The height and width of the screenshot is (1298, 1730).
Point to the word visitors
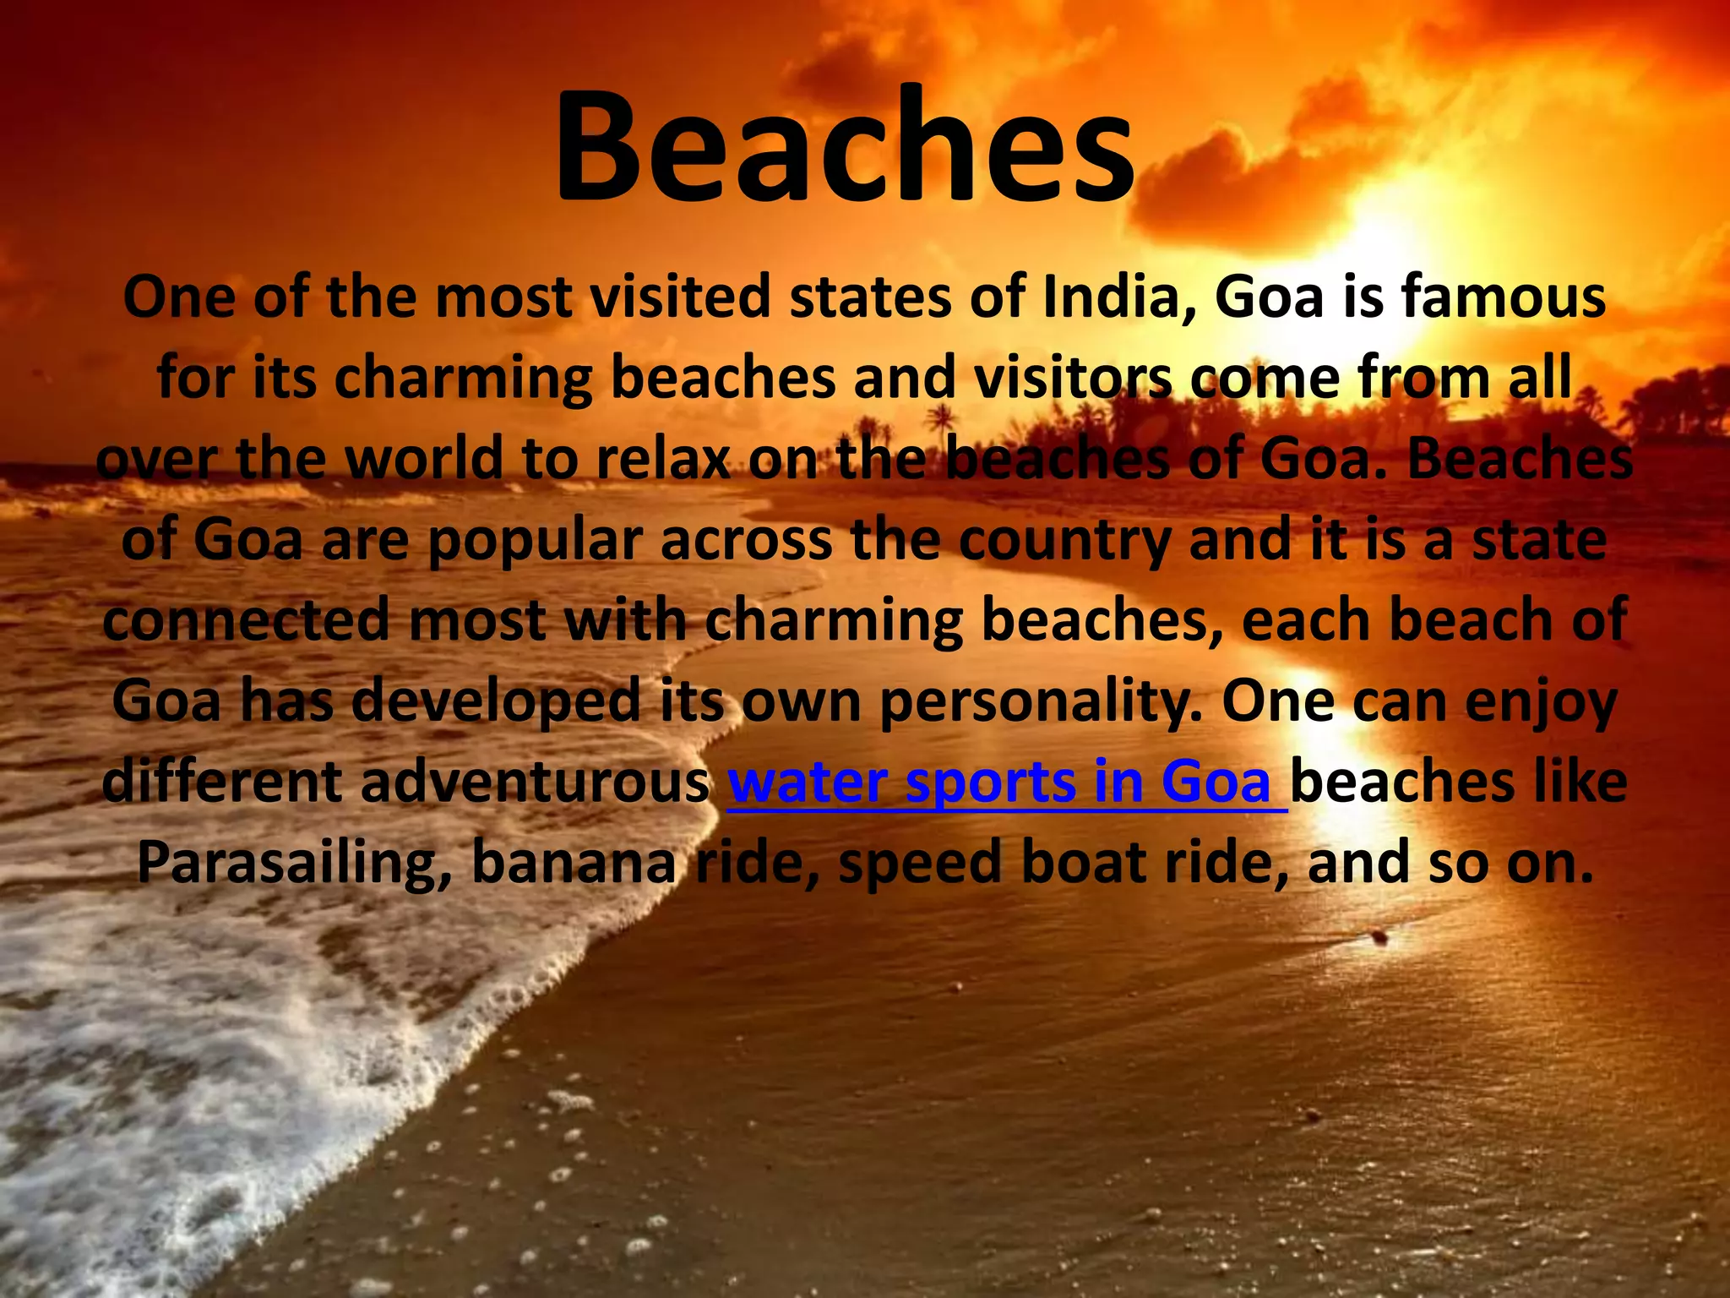[1073, 378]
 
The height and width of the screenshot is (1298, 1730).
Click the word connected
[248, 620]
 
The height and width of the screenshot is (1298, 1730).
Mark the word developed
[496, 701]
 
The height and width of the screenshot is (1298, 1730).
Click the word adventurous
[535, 783]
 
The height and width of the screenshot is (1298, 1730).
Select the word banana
[574, 863]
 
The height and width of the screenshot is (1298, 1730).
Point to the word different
[222, 783]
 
